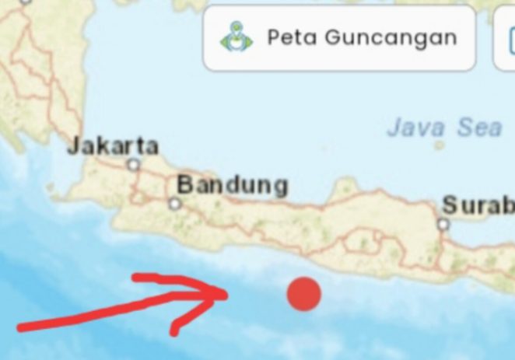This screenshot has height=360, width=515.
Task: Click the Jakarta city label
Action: coord(113,145)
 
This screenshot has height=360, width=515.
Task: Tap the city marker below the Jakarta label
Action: coord(134,165)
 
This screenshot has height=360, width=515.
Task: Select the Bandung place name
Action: coord(233,186)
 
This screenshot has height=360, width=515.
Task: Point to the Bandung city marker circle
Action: coord(175,204)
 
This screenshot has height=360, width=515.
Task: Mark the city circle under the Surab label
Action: coord(443,225)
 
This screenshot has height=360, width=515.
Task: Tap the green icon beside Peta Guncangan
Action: coord(236,37)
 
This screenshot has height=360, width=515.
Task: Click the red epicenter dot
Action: coord(303,294)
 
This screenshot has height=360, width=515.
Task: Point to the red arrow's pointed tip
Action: coord(228,293)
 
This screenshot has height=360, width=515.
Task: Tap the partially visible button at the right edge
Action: coord(506,37)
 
